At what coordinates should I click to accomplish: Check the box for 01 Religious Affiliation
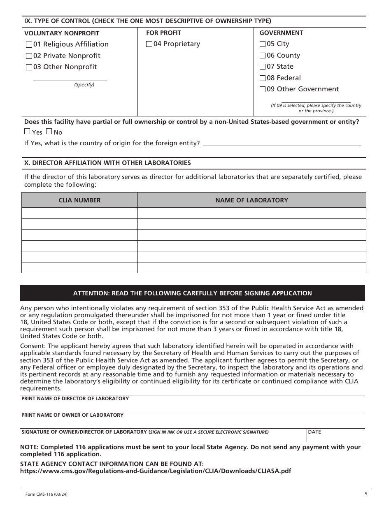[29, 44]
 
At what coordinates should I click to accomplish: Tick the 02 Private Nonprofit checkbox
[29, 56]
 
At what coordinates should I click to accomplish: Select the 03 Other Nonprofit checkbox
[29, 67]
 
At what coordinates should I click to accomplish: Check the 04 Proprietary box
[149, 44]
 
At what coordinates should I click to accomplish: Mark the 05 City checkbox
[263, 44]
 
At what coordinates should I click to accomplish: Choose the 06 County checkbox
[263, 56]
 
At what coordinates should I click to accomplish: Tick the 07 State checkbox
[263, 67]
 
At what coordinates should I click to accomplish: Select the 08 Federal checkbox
[263, 78]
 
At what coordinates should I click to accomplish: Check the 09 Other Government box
[263, 89]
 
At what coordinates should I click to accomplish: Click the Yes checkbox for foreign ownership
[27, 132]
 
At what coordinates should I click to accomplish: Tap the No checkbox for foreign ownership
[49, 132]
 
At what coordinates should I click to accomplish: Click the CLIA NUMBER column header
[79, 200]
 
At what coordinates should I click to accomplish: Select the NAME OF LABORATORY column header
[251, 200]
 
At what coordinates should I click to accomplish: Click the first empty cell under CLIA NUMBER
[79, 213]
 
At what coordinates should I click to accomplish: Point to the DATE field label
[314, 432]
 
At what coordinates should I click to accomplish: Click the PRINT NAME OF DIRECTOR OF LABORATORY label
[75, 399]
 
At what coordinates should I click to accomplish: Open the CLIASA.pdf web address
[156, 471]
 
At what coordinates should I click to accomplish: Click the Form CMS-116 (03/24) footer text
[44, 494]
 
